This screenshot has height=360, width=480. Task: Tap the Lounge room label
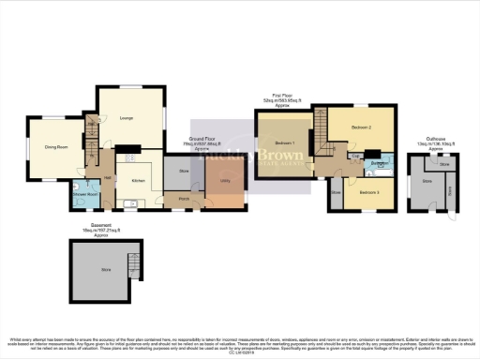coord(127,117)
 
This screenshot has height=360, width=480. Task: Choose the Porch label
coord(184,198)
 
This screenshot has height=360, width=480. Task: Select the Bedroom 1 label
coord(285,142)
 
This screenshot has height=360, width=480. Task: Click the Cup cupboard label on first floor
coord(356,156)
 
